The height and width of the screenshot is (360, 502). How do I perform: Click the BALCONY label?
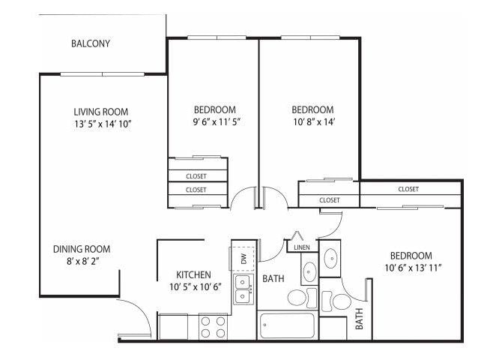tap(91, 43)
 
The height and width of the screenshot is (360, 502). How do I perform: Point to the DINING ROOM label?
tap(82, 249)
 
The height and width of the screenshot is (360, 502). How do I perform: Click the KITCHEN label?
tap(193, 274)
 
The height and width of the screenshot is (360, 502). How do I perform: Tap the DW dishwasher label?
tap(244, 258)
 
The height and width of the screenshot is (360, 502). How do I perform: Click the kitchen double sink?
tap(243, 289)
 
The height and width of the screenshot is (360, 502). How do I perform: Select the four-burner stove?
tap(214, 326)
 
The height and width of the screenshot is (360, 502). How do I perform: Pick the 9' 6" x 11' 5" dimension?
tap(215, 121)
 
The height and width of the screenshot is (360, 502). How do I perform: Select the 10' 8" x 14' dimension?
tap(312, 121)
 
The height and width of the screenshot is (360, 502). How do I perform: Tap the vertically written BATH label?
tap(359, 319)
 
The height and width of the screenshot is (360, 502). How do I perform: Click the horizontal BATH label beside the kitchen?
tap(273, 279)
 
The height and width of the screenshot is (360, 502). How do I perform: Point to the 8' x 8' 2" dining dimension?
tap(82, 262)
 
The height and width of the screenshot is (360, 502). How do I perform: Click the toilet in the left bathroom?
tap(297, 298)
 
